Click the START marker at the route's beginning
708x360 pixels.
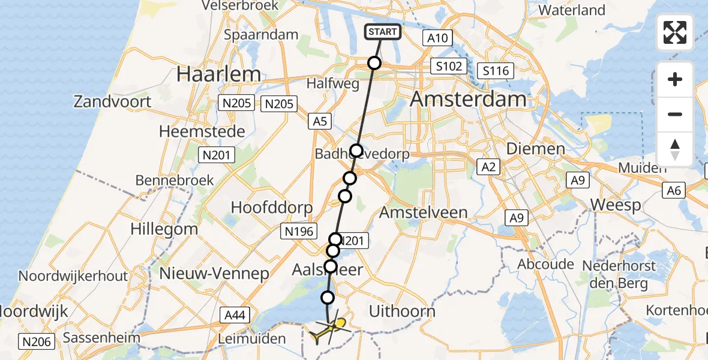click(x=382, y=32)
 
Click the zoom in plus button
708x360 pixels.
click(x=675, y=79)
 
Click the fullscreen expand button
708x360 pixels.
click(x=675, y=32)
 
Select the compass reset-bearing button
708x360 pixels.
click(x=675, y=149)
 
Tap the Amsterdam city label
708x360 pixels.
click(x=468, y=99)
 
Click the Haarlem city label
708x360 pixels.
click(x=219, y=74)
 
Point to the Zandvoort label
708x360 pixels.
click(x=113, y=101)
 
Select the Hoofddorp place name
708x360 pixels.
click(x=272, y=208)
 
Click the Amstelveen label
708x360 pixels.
click(x=424, y=212)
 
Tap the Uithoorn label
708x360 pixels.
click(x=402, y=311)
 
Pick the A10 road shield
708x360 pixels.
click(x=437, y=38)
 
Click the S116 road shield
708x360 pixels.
click(x=496, y=71)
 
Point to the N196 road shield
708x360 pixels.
click(x=299, y=230)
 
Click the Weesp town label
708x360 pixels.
click(x=616, y=205)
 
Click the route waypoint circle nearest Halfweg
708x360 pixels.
click(x=374, y=63)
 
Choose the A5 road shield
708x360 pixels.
click(x=320, y=121)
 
